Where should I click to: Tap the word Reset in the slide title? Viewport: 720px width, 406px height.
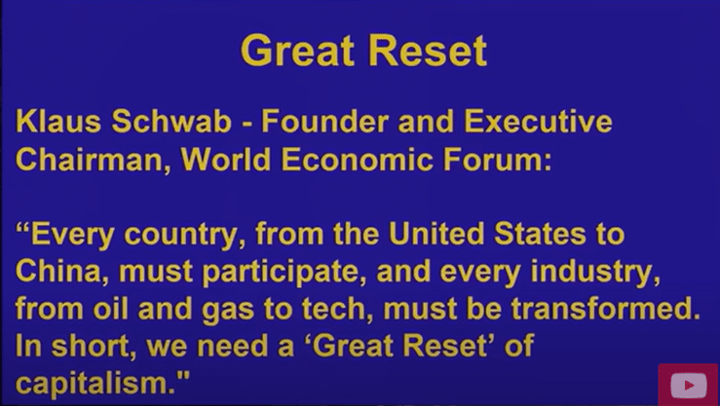(428, 51)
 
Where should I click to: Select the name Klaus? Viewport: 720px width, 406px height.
(58, 122)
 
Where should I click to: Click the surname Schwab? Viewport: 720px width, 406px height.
(171, 122)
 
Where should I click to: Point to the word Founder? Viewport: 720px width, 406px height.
(325, 122)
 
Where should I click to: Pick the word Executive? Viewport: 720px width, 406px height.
(538, 122)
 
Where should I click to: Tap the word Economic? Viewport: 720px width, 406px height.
(357, 160)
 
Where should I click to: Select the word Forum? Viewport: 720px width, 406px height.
(497, 160)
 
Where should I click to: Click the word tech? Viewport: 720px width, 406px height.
(340, 309)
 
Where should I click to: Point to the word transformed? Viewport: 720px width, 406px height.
(606, 309)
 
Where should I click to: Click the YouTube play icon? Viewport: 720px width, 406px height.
(688, 385)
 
